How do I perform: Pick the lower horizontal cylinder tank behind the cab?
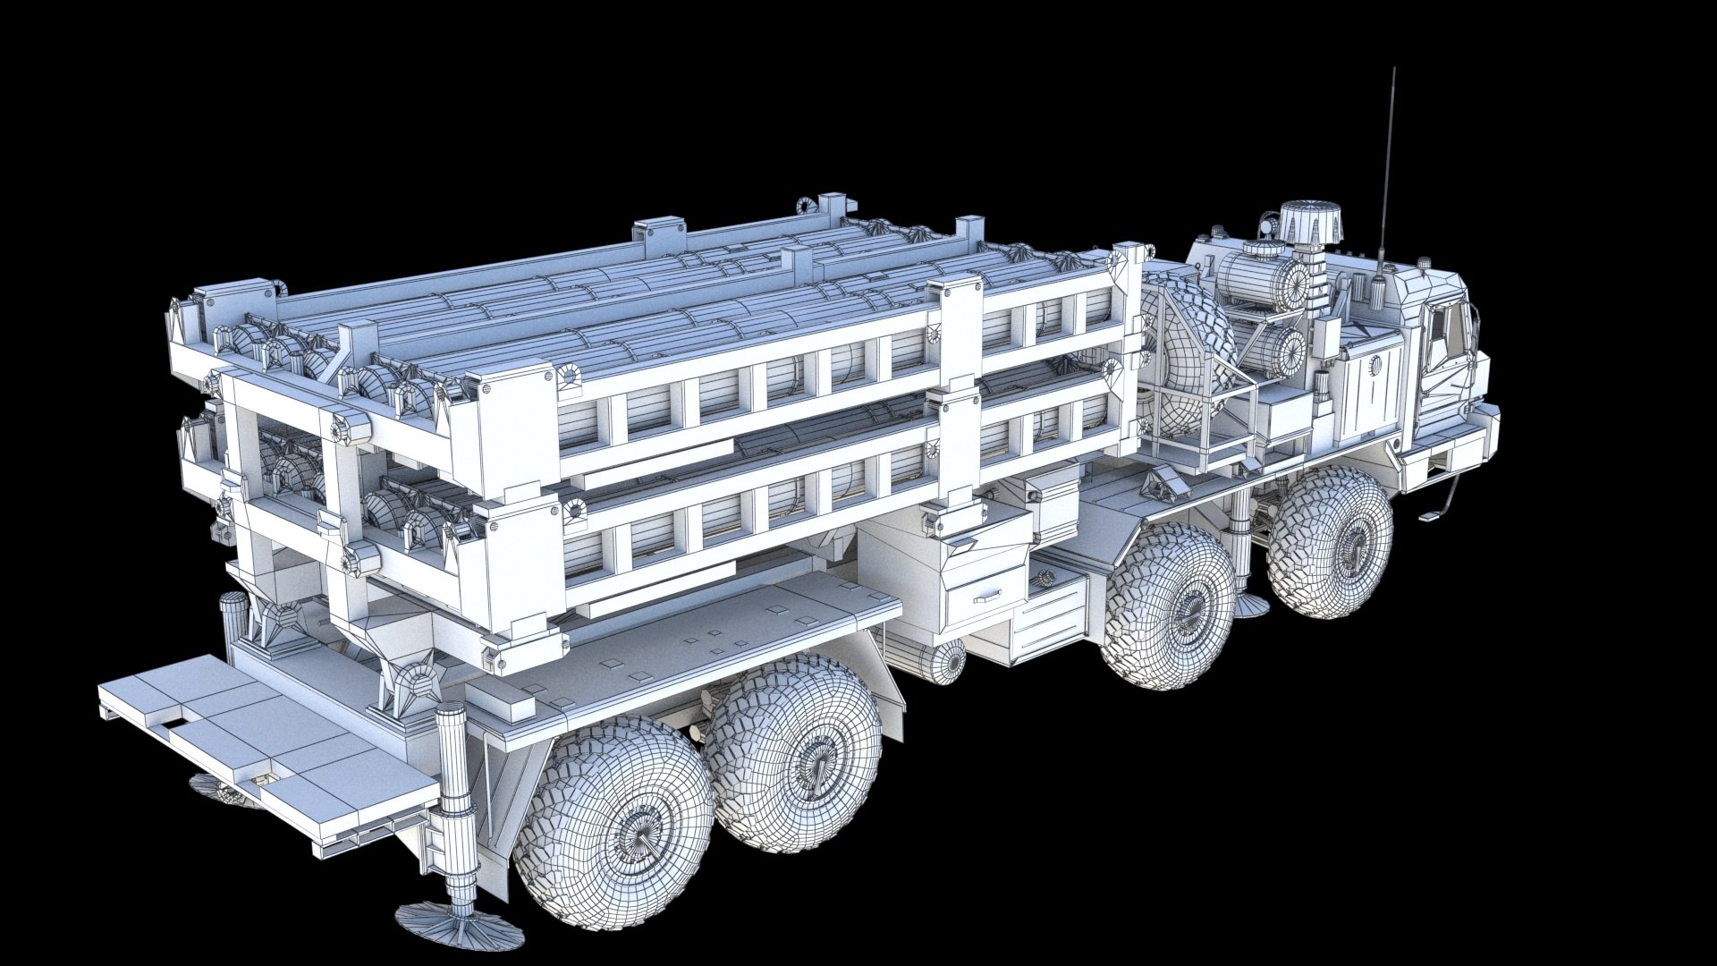tap(1274, 349)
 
